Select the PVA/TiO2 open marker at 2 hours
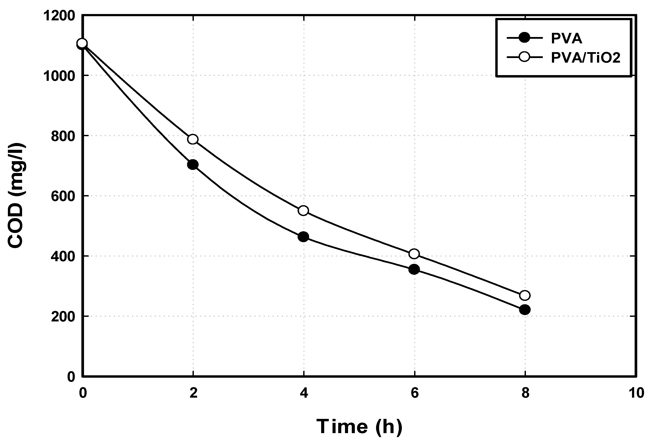[193, 139]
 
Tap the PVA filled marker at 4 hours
[303, 236]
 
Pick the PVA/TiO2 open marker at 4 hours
[303, 211]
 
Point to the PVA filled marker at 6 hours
[414, 269]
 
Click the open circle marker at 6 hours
[414, 254]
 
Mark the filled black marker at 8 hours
[525, 310]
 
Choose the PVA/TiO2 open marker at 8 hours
[525, 295]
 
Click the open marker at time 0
[82, 43]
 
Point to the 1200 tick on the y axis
[59, 16]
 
